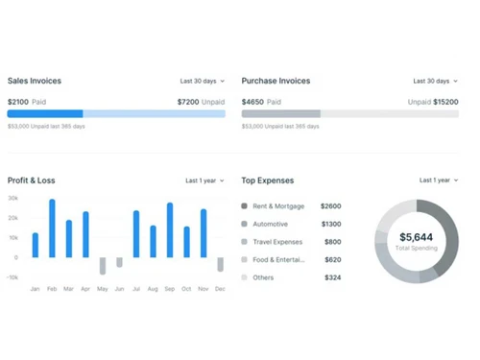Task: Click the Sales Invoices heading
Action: point(35,82)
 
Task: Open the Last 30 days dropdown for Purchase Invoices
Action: point(436,82)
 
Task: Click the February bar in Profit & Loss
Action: point(52,228)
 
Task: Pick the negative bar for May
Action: point(103,266)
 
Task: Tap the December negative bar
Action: point(220,265)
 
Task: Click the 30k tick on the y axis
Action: point(13,199)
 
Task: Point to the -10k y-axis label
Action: point(13,277)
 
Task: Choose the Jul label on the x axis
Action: point(136,289)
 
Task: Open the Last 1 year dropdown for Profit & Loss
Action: point(206,180)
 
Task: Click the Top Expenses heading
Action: point(268,180)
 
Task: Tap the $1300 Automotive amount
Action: point(330,224)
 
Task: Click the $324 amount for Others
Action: point(332,277)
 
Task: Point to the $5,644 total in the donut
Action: point(417,236)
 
